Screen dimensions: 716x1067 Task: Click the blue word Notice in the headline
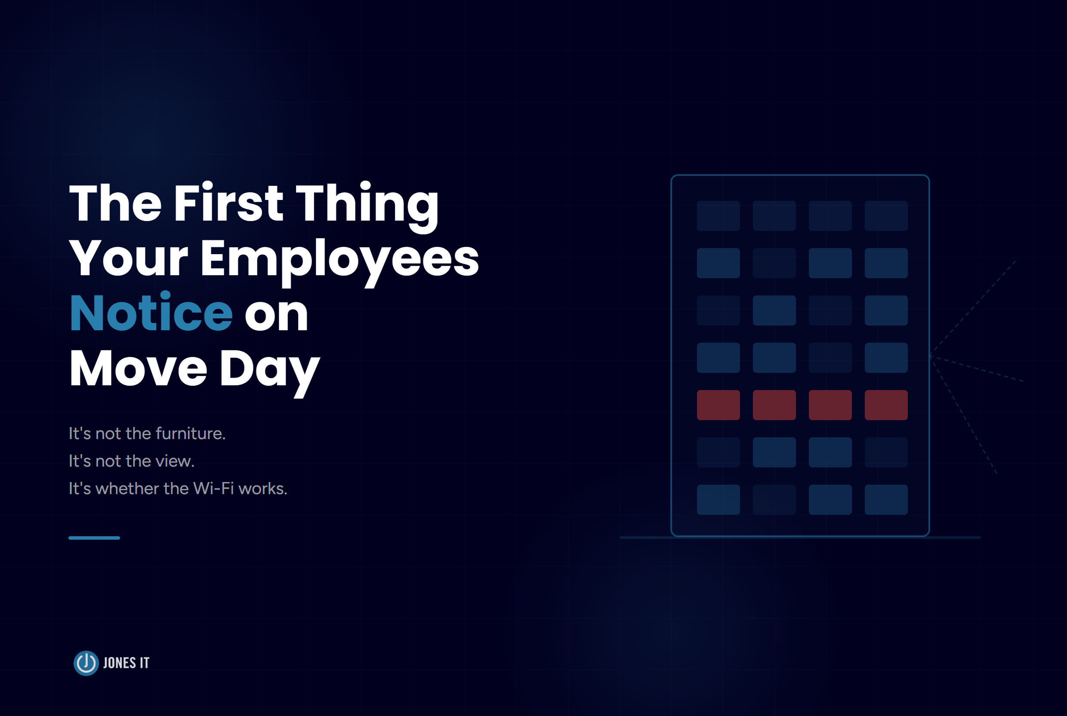tap(151, 313)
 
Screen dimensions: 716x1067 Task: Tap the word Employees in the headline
tap(339, 259)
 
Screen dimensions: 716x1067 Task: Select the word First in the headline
tap(228, 204)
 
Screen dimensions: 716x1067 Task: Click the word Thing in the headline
tap(367, 204)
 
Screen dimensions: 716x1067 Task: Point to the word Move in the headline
tap(139, 369)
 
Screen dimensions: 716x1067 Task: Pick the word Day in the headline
tap(269, 369)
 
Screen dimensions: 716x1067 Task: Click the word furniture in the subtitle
tap(190, 433)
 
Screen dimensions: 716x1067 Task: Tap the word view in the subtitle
tap(175, 461)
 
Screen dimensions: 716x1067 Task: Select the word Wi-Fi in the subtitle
tap(213, 489)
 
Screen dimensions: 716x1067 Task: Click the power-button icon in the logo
tap(86, 663)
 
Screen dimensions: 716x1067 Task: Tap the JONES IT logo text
tap(126, 663)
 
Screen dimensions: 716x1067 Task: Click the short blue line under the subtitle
tap(94, 538)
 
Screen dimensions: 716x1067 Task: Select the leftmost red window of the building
tap(718, 405)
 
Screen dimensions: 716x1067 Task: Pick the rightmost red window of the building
tap(886, 405)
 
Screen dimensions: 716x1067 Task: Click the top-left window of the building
tap(718, 216)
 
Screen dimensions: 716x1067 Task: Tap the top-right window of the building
tap(886, 216)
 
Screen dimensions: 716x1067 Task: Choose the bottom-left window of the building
tap(718, 500)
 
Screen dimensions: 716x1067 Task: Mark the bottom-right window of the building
tap(886, 500)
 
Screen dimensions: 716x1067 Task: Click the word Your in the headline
tap(128, 259)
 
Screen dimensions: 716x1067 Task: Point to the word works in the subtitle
tap(262, 489)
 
